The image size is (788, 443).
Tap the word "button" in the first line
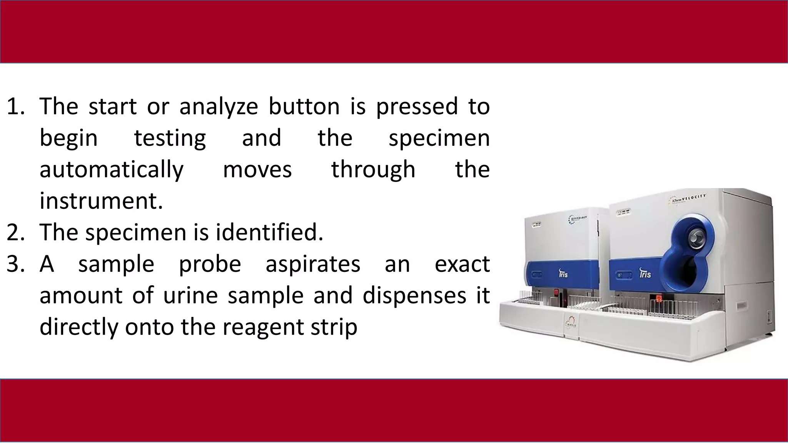click(x=304, y=106)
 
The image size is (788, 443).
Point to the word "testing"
click(x=170, y=139)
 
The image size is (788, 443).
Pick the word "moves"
click(x=257, y=170)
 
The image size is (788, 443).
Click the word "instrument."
click(x=101, y=201)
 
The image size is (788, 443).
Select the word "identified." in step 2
click(x=269, y=233)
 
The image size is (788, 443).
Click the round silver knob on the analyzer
click(x=695, y=236)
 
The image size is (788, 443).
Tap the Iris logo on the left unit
click(x=563, y=274)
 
